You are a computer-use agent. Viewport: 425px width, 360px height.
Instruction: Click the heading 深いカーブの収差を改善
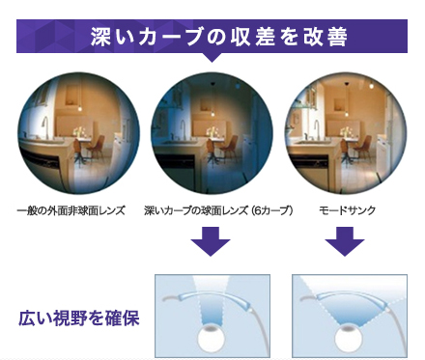coord(219,37)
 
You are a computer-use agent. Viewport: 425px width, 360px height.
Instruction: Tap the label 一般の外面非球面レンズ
coord(71,210)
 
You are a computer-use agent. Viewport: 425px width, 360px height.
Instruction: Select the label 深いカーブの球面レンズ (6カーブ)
coord(218,210)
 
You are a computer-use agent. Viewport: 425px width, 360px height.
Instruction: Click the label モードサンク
coord(348,210)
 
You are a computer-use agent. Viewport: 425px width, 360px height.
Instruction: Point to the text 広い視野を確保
coord(79,318)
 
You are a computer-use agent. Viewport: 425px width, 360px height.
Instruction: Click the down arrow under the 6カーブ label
coord(211,241)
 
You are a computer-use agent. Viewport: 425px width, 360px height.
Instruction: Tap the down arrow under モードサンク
coord(345,241)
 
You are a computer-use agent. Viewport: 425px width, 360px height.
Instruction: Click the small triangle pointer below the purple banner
coord(212,57)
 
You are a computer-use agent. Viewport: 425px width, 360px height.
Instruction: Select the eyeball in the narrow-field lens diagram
coord(212,339)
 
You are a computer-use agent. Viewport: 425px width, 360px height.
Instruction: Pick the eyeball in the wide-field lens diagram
coord(348,339)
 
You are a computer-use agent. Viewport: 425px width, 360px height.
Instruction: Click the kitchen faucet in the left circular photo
coord(45,126)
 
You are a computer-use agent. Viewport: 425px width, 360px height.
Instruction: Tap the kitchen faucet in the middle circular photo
coord(183,129)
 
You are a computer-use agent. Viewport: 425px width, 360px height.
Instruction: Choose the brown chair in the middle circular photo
coord(228,150)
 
